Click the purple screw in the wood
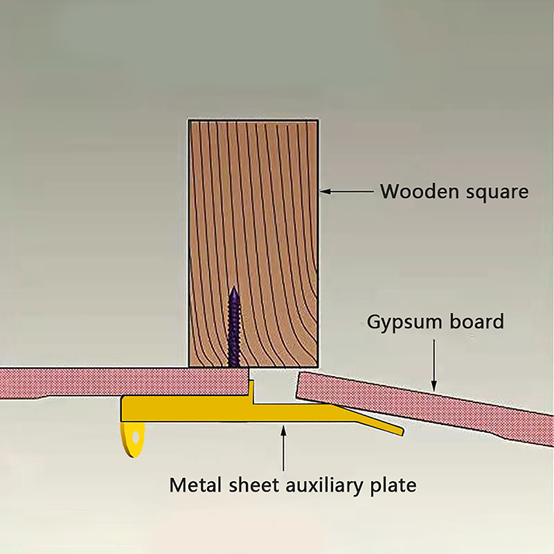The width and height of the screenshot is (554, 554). click(234, 329)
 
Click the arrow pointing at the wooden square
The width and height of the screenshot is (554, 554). click(346, 190)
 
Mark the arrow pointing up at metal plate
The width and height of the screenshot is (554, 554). click(284, 450)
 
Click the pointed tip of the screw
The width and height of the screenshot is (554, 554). click(234, 289)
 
